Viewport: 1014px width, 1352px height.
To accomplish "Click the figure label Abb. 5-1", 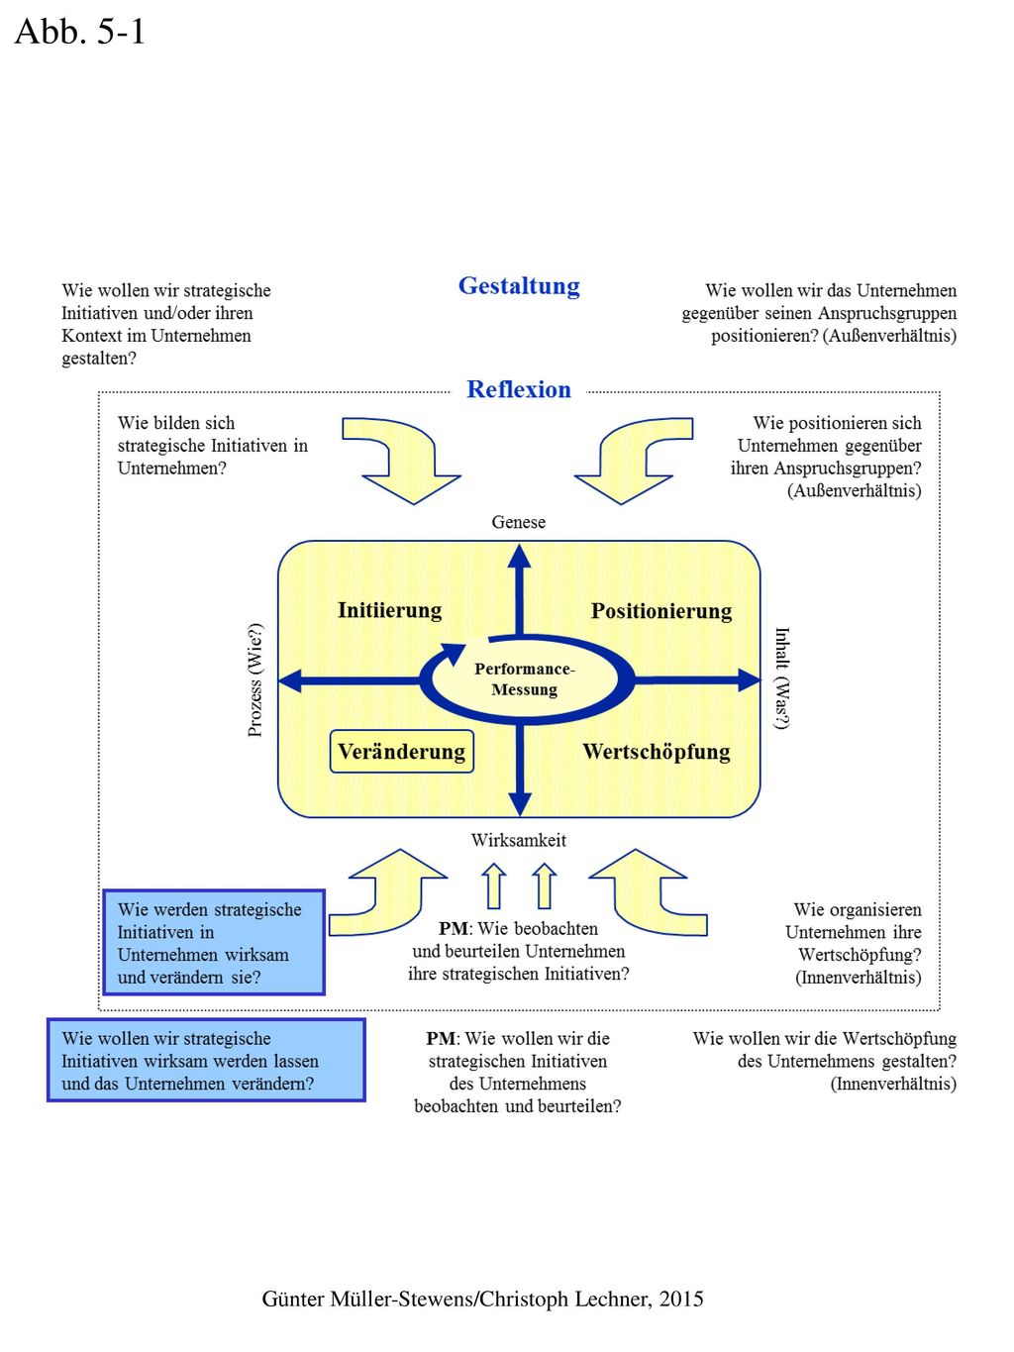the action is [79, 32].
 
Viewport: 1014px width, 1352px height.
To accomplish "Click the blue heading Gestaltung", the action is [519, 286].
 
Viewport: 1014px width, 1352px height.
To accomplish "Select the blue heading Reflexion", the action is [519, 389].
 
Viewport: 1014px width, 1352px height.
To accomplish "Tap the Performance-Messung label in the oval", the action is [525, 678].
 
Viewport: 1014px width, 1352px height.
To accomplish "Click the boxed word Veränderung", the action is [401, 752].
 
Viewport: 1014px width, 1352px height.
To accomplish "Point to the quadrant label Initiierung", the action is [390, 610].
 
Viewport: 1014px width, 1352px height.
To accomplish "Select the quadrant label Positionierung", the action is [661, 611].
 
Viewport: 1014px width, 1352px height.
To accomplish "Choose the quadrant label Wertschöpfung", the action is [657, 752].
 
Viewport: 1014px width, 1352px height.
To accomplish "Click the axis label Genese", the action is [519, 522].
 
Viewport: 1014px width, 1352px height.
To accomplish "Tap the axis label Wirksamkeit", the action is [519, 840].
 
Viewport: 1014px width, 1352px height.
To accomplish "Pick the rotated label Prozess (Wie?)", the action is [254, 680].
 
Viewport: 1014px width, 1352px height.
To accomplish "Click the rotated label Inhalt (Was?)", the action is [782, 678].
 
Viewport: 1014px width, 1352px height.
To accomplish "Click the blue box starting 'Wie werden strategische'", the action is [214, 942].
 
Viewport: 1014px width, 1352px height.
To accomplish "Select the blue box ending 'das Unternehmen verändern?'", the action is [206, 1060].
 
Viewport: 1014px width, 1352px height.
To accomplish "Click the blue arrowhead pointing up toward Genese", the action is [520, 557].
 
